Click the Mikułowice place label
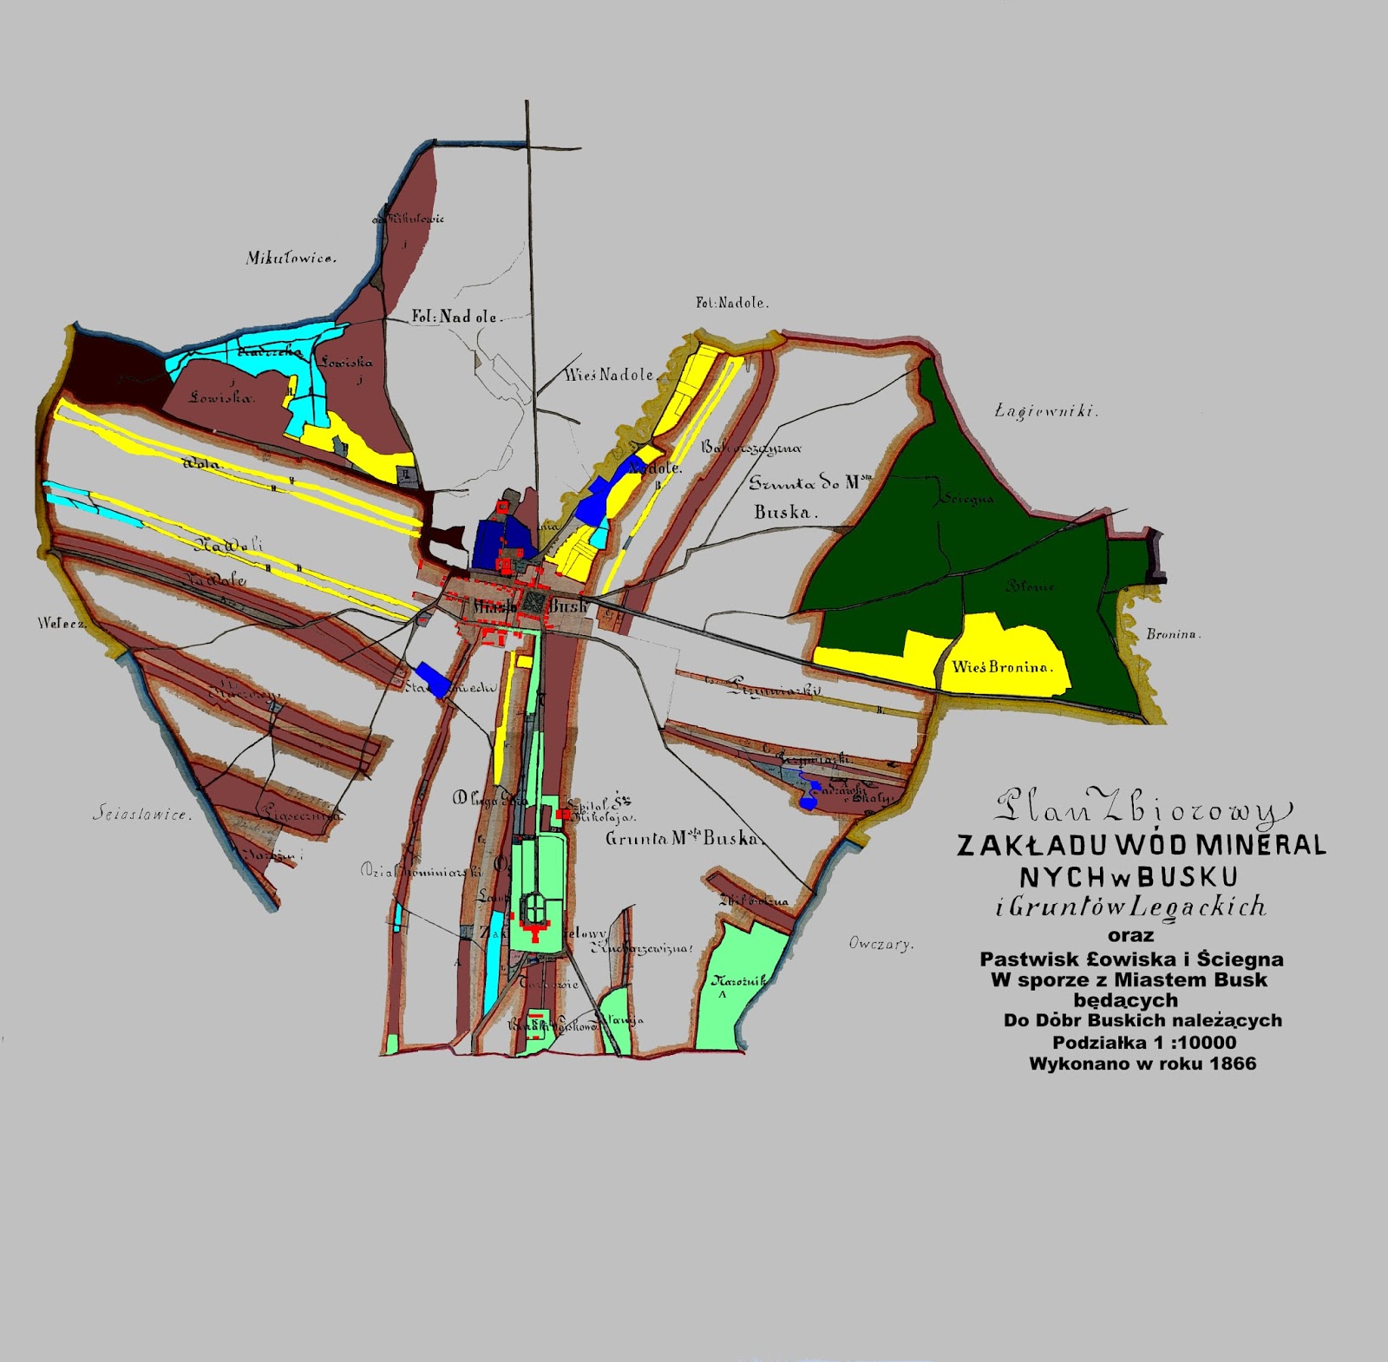click(x=291, y=258)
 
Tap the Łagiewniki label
click(x=1046, y=411)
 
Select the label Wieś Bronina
click(x=1002, y=667)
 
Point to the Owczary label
click(x=881, y=944)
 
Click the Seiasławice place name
click(x=141, y=815)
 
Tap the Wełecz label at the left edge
click(x=62, y=623)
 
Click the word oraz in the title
click(x=1130, y=935)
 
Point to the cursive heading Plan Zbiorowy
click(x=1136, y=809)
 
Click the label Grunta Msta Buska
click(x=684, y=839)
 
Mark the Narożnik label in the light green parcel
click(x=738, y=981)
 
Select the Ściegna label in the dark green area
click(x=964, y=499)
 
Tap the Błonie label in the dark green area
click(x=1030, y=586)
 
